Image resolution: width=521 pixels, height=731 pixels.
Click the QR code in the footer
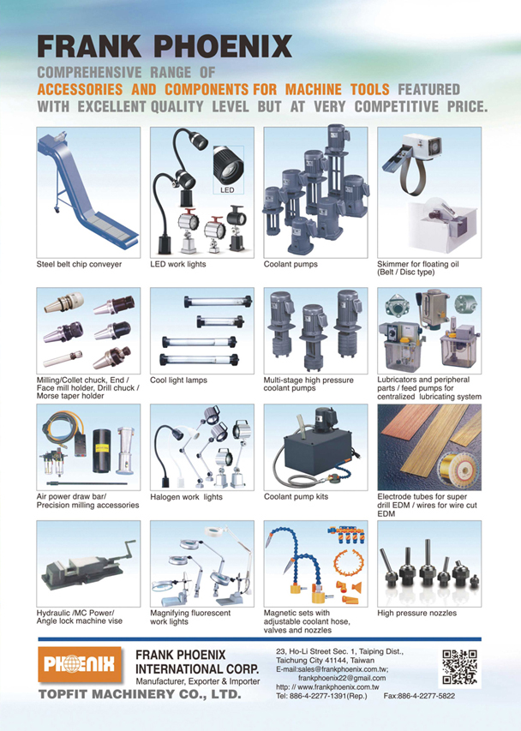pos(459,667)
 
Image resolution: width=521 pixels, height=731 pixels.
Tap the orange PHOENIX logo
pos(79,664)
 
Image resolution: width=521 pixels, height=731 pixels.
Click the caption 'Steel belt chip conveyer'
pos(79,264)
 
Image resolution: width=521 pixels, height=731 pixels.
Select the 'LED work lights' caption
pos(178,264)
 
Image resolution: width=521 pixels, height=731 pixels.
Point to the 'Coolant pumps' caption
pos(290,264)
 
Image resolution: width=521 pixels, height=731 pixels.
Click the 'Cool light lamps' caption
pos(178,380)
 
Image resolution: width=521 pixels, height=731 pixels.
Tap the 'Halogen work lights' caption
pos(187,497)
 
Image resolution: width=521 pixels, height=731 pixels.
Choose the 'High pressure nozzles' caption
pos(417,613)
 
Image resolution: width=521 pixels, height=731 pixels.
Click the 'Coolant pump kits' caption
pos(296,497)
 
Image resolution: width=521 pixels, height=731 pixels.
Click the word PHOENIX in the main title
pos(223,46)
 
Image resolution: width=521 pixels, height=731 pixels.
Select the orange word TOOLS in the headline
pos(370,89)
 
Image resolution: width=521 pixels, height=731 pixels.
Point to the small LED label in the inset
pos(227,190)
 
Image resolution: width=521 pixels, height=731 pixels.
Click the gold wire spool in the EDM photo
pos(456,470)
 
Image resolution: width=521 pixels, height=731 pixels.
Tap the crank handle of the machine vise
pos(124,548)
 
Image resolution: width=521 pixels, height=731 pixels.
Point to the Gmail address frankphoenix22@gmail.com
pos(342,678)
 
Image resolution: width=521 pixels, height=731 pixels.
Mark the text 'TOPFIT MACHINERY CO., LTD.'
pos(140,694)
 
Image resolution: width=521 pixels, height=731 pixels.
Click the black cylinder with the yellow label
pos(102,451)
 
